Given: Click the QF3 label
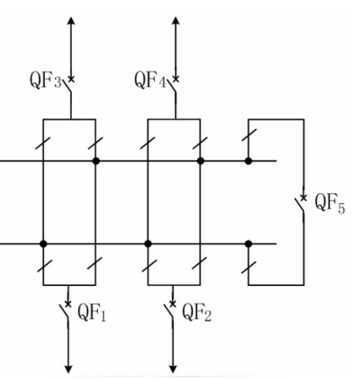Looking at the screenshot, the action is (x=45, y=80).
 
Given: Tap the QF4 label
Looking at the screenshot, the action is (x=150, y=80).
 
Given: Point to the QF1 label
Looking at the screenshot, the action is (x=91, y=312).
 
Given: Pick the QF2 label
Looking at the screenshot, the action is (x=197, y=312).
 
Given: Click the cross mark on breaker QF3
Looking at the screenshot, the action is (x=71, y=79).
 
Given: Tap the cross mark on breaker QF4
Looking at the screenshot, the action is (x=176, y=79).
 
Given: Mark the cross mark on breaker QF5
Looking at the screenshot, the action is (x=303, y=198).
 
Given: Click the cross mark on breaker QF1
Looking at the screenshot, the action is (x=68, y=304).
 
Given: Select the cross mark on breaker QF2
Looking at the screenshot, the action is (x=173, y=304).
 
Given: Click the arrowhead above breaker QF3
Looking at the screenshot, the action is (x=71, y=21).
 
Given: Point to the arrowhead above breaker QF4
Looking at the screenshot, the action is (x=176, y=21).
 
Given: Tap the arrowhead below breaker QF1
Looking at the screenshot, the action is (x=68, y=370).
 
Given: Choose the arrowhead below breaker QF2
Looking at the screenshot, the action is (x=173, y=370).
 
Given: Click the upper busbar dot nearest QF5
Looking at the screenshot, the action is (x=248, y=161).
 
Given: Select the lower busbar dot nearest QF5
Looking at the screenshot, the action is (x=248, y=244).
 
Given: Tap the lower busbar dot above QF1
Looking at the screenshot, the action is (x=43, y=244).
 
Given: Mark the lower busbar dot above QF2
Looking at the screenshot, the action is (x=148, y=244).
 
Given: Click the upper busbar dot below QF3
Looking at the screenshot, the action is (x=96, y=161).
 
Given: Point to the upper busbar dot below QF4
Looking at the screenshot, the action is (x=201, y=161).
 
